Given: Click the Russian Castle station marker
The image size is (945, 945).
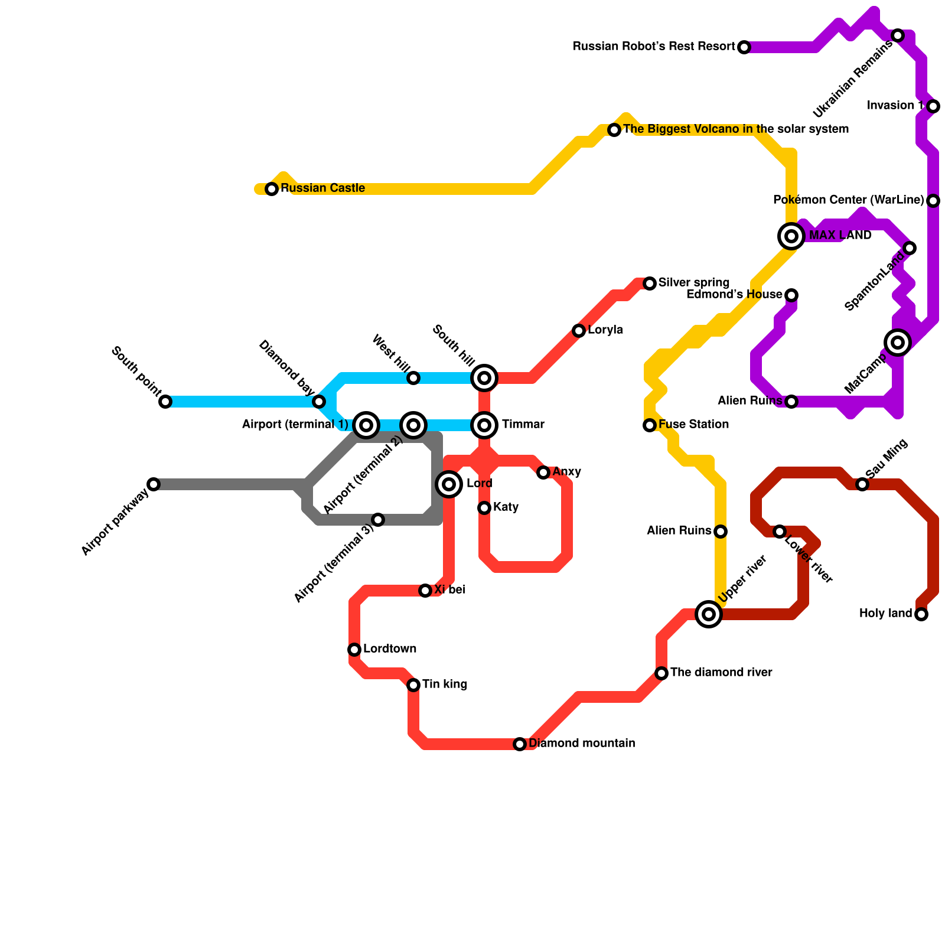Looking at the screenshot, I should click(272, 189).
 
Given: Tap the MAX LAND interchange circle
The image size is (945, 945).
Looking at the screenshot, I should click(791, 236).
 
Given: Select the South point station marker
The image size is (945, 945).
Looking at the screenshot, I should click(165, 402).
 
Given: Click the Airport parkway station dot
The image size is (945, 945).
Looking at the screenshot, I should click(154, 484).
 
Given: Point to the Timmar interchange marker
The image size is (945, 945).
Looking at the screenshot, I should click(484, 425).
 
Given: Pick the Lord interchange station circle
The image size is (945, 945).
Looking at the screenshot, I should click(449, 484).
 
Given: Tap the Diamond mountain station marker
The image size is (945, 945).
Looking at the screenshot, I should click(520, 744).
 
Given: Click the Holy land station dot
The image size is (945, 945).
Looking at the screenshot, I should click(921, 614).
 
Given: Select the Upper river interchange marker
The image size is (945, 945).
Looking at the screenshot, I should click(709, 614).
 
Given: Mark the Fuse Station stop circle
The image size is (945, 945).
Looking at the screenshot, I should click(650, 425).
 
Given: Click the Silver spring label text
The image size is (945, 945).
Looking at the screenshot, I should click(694, 283).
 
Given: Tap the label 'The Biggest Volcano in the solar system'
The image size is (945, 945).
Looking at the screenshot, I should click(736, 129).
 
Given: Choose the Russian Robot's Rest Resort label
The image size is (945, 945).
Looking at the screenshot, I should click(654, 47).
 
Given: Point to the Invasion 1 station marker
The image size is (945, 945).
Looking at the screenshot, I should click(933, 106).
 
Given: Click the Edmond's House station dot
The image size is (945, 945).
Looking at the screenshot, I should click(791, 295).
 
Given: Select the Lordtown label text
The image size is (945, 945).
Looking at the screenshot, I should click(390, 649).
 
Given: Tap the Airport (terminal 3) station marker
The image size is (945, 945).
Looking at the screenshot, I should click(378, 520).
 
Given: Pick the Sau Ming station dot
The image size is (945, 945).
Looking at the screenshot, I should click(862, 484).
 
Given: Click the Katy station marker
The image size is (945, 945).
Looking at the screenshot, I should click(484, 508).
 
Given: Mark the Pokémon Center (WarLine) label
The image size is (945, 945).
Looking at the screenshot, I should click(848, 200).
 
